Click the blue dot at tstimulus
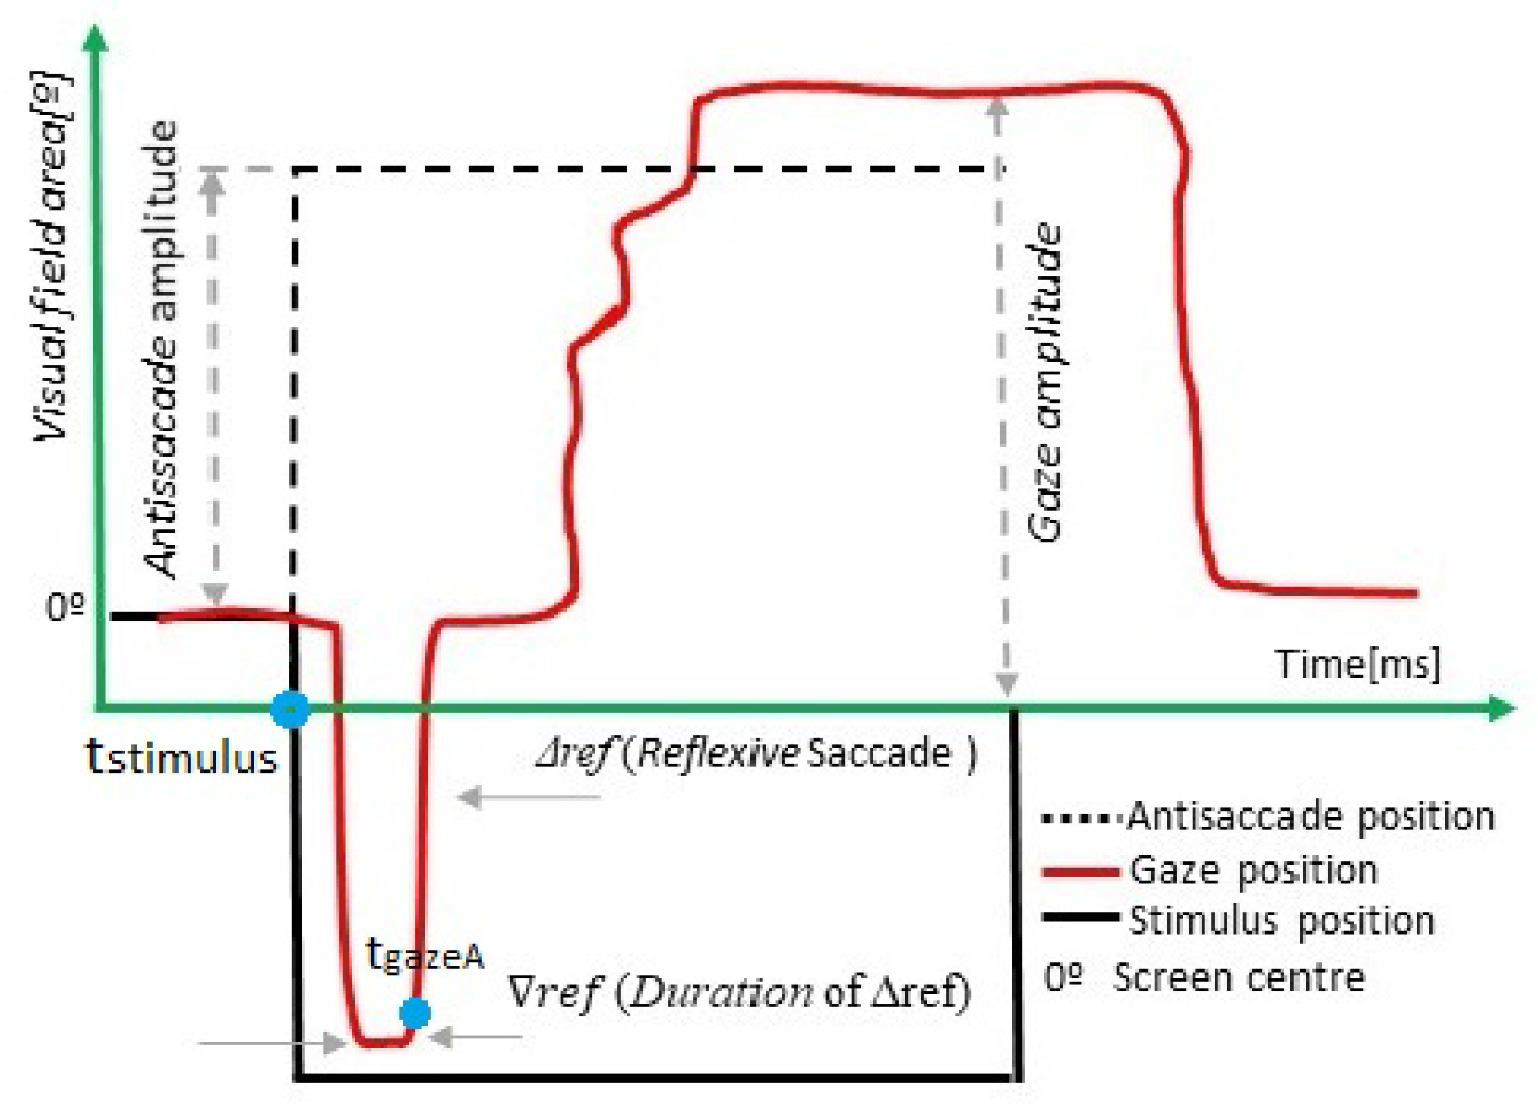(291, 710)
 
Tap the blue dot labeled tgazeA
(414, 1012)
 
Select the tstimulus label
(182, 757)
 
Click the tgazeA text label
(425, 956)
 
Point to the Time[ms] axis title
(1357, 664)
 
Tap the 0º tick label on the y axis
(66, 606)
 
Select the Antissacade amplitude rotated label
(162, 350)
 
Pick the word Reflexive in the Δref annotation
(718, 753)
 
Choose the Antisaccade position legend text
(1311, 817)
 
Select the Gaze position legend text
(1253, 871)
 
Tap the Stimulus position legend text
(1281, 920)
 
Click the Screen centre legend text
(1238, 978)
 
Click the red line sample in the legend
(1080, 871)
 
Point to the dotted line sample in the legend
(1081, 817)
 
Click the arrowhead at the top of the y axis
(98, 38)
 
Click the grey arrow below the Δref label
(528, 796)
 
